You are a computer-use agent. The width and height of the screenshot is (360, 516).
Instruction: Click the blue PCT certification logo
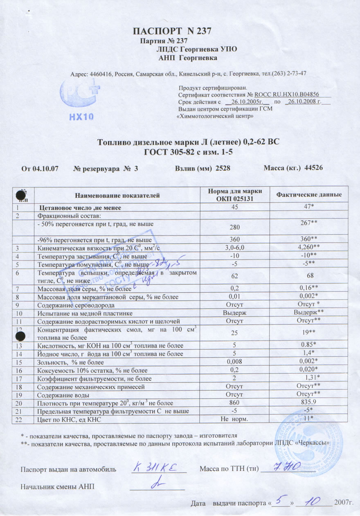(80, 94)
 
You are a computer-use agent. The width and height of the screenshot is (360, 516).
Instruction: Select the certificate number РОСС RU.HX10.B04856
(286, 94)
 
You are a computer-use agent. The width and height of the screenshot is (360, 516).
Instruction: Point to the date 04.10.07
(43, 168)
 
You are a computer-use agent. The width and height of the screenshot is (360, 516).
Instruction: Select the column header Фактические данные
(309, 195)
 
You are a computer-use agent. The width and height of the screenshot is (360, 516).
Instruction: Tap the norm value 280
(234, 227)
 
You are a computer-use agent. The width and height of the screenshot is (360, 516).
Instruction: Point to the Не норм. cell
(234, 419)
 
